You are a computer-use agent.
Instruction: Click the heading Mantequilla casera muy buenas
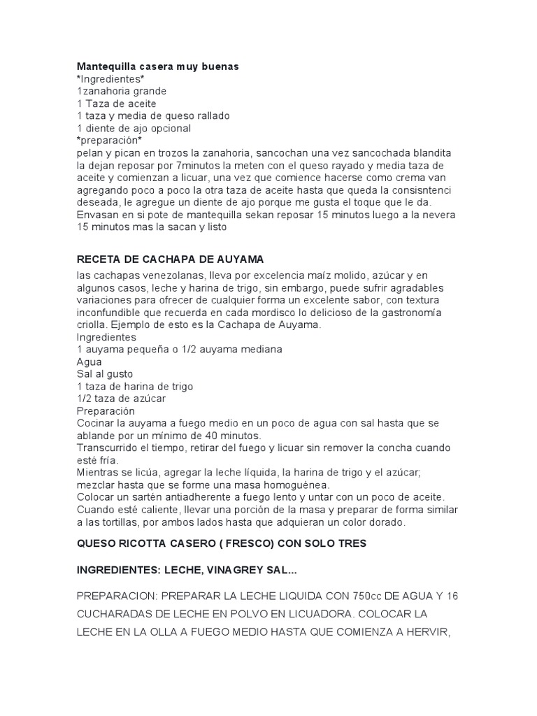(157, 66)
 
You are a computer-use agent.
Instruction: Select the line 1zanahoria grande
(122, 91)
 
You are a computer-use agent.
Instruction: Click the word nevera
(438, 215)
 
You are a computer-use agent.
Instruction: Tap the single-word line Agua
(89, 361)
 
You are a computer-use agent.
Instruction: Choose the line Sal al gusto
(105, 374)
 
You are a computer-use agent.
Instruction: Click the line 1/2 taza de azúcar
(121, 399)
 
